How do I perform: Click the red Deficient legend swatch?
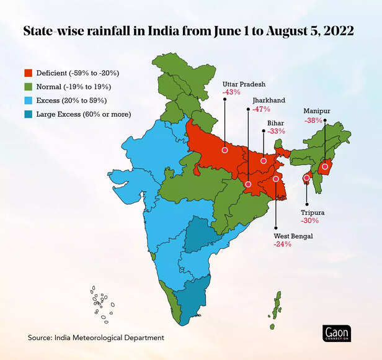pyautogui.click(x=28, y=73)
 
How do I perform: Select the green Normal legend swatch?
pyautogui.click(x=28, y=87)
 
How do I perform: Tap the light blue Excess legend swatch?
pyautogui.click(x=28, y=101)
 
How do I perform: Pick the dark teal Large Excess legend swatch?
pyautogui.click(x=28, y=114)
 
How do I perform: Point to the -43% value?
pyautogui.click(x=231, y=92)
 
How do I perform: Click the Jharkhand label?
pyautogui.click(x=270, y=99)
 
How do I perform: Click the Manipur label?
pyautogui.click(x=316, y=111)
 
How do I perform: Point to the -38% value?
pyautogui.click(x=313, y=120)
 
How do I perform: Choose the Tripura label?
pyautogui.click(x=312, y=212)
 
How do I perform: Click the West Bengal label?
pyautogui.click(x=293, y=236)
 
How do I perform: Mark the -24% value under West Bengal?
pyautogui.click(x=282, y=245)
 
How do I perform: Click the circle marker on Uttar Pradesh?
pyautogui.click(x=224, y=150)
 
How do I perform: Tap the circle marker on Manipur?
pyautogui.click(x=325, y=166)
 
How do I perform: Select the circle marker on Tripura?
pyautogui.click(x=306, y=179)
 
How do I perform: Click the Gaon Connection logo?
pyautogui.click(x=336, y=333)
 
